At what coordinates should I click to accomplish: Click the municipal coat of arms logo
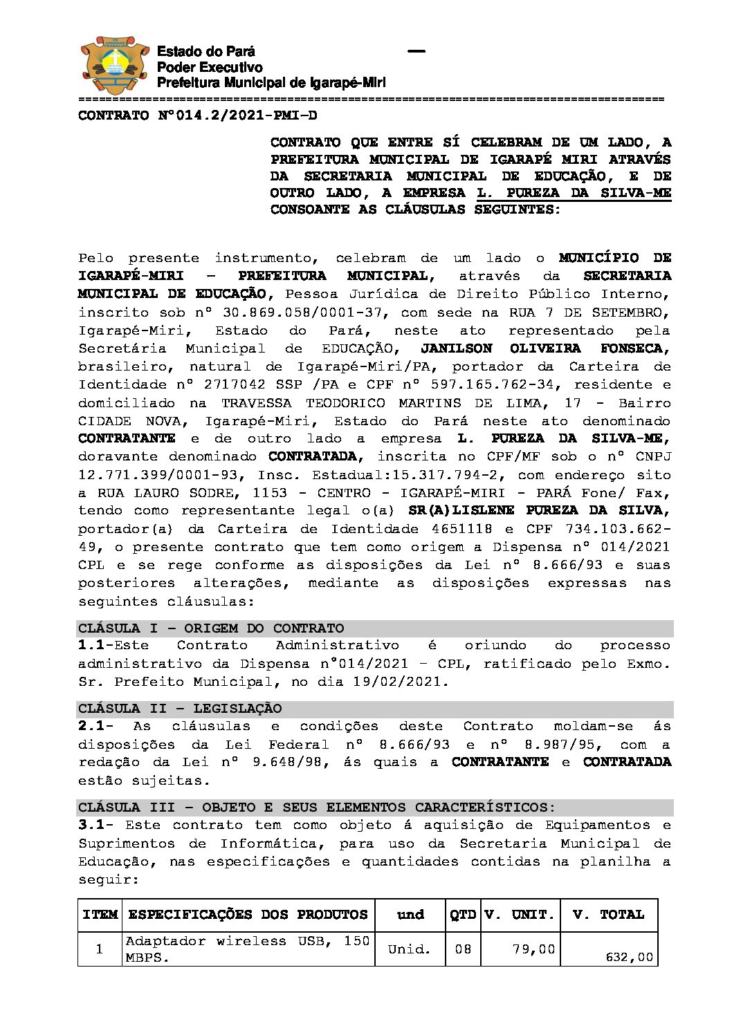[x=115, y=66]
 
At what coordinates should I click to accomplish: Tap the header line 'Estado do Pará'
[x=205, y=51]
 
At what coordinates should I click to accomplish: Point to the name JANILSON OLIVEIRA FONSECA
[x=545, y=348]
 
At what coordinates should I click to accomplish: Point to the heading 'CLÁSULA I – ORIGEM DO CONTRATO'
[x=211, y=628]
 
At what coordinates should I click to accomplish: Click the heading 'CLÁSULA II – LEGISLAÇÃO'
[x=180, y=709]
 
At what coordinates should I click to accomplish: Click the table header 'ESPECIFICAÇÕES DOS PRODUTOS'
[x=248, y=915]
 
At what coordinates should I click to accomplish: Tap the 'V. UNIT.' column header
[x=520, y=915]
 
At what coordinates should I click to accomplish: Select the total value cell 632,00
[x=629, y=958]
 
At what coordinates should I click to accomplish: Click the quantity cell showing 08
[x=463, y=949]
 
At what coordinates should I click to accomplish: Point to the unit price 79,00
[x=533, y=949]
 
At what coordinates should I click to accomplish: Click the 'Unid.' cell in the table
[x=410, y=949]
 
